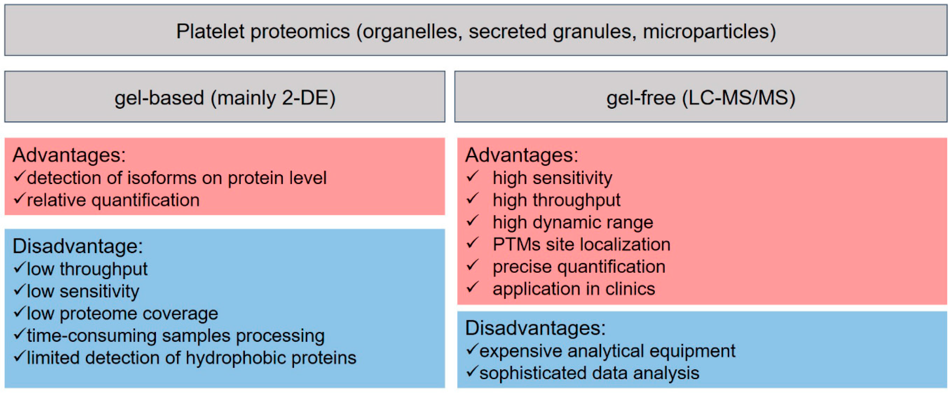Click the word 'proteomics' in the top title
pyautogui.click(x=300, y=32)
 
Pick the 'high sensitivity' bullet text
pyautogui.click(x=552, y=178)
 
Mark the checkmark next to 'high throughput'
pyautogui.click(x=472, y=199)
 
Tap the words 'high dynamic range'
pyautogui.click(x=573, y=223)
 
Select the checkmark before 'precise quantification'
pyautogui.click(x=472, y=265)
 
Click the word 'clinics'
pyautogui.click(x=630, y=289)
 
